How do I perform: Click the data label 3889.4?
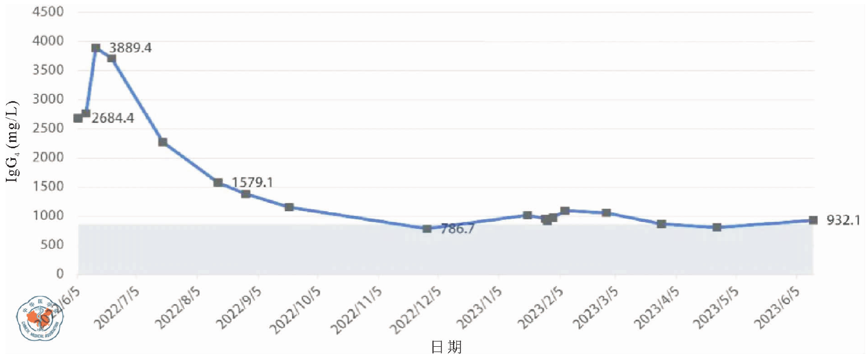point(130,48)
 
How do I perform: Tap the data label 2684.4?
point(113,118)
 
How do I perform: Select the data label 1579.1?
point(252,183)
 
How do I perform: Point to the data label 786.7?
point(457,229)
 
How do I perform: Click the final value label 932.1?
point(843,220)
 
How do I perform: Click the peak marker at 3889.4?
point(96,48)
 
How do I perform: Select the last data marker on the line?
point(813,220)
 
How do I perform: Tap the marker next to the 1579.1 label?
point(218,183)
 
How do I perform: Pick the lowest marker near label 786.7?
point(427,229)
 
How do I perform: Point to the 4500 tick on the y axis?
point(48,12)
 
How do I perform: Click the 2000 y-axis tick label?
point(48,157)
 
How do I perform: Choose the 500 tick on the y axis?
point(52,245)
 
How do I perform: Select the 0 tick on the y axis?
point(60,274)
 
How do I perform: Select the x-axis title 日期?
point(446,347)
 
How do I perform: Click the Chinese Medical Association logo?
point(38,318)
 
